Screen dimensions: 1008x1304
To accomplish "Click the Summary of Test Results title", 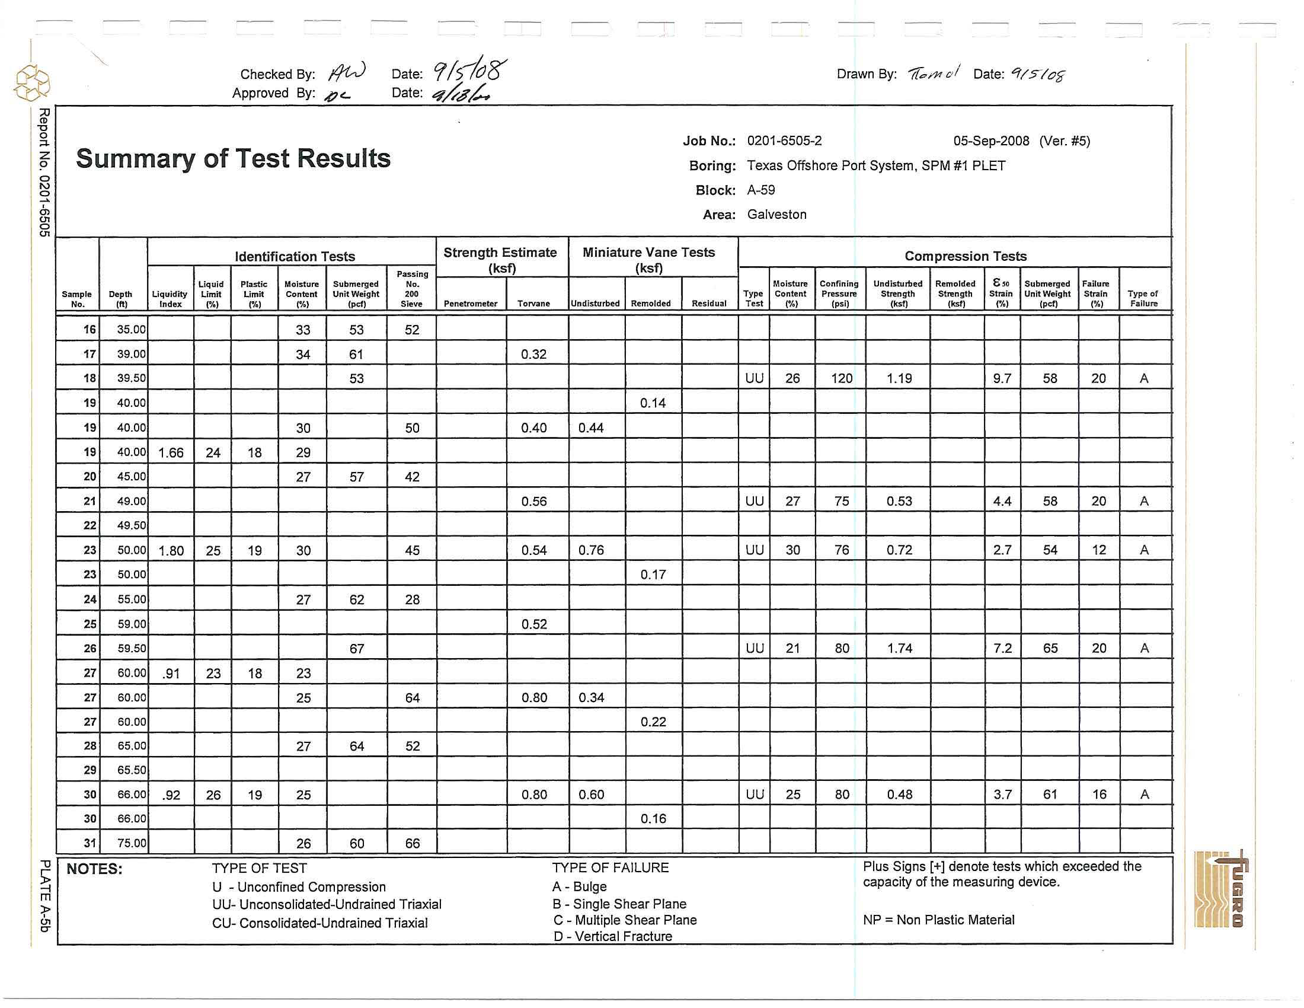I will [233, 159].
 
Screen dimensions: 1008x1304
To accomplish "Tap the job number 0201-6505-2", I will [784, 141].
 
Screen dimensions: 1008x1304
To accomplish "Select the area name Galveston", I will [776, 215].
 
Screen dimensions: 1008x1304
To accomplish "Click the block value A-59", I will [760, 190].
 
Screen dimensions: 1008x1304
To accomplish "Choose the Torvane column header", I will [533, 304].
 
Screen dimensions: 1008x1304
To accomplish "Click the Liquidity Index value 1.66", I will [171, 452].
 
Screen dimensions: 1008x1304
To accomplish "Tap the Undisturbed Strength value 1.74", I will [899, 649].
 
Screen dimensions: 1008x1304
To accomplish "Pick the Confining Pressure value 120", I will [841, 379].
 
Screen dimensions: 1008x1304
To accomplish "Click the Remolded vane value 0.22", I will [653, 722].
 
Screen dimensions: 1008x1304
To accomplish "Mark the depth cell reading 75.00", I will [132, 843].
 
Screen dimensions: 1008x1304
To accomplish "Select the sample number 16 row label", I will [89, 330].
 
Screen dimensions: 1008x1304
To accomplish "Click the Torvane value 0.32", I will [533, 354].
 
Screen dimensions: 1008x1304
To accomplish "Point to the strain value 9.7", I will [1001, 379].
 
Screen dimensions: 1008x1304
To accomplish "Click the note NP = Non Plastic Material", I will [938, 920].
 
